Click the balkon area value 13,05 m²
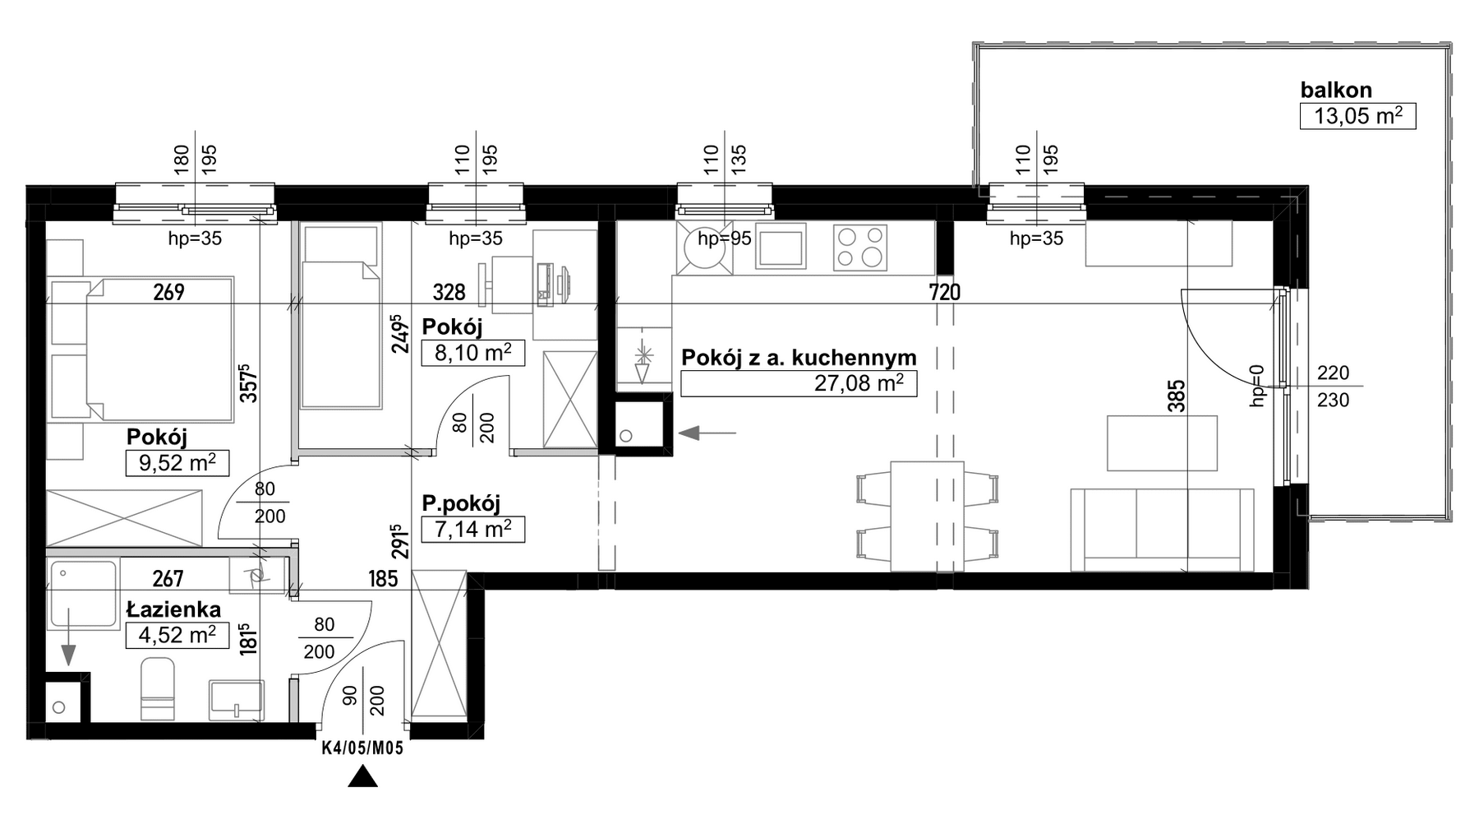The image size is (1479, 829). (1357, 116)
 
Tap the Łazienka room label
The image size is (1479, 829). (173, 609)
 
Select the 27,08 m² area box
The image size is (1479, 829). (798, 383)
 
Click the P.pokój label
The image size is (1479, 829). (461, 503)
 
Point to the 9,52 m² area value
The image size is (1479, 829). (177, 463)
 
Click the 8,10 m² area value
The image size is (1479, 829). (472, 353)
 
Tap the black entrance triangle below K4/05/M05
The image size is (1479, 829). (362, 777)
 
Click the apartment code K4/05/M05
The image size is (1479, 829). (362, 748)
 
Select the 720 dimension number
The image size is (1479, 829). (944, 291)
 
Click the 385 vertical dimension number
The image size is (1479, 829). (1177, 396)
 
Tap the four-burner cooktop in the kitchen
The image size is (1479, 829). (860, 248)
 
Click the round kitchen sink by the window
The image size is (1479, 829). (703, 248)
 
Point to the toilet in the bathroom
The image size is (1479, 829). (158, 692)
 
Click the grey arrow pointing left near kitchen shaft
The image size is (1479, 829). (707, 433)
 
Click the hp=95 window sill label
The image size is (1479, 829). (724, 239)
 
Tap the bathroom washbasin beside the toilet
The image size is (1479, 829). (237, 701)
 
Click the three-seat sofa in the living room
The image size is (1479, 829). (1162, 530)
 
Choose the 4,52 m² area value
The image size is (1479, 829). (177, 636)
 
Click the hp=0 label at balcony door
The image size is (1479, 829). (1256, 386)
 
